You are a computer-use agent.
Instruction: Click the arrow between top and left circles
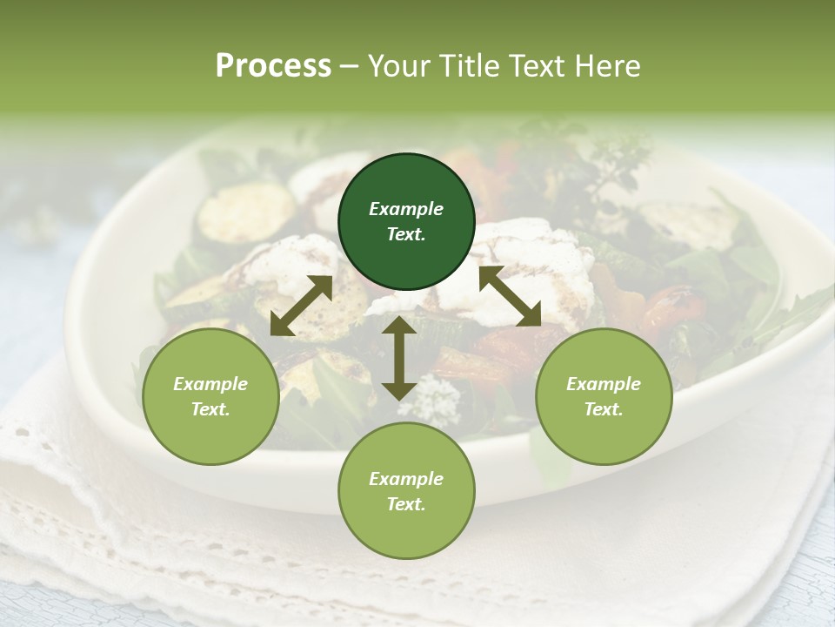302,306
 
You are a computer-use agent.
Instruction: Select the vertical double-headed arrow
399,358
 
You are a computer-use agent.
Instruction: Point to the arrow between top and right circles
510,296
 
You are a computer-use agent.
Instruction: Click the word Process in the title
273,65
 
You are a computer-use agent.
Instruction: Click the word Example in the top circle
406,209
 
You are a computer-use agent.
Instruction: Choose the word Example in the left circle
210,384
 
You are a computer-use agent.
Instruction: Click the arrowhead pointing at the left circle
282,324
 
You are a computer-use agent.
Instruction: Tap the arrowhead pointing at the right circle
529,315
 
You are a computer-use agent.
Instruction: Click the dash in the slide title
350,67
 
